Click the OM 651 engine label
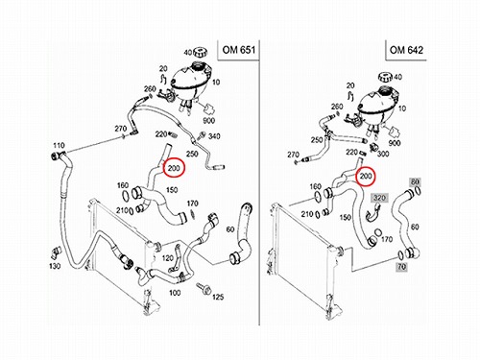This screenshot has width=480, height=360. [x=239, y=50]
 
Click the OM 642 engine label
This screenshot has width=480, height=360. [x=406, y=50]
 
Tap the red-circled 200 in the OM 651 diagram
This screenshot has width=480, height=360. [x=174, y=168]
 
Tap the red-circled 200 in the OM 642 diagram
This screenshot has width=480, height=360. [x=366, y=176]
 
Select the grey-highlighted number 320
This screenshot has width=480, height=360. [x=379, y=198]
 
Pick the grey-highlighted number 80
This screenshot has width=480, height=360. [x=415, y=181]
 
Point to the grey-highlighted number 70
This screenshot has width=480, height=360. [x=402, y=266]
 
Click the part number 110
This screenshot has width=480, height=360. [x=59, y=146]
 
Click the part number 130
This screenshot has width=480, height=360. [x=55, y=266]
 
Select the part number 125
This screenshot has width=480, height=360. [x=218, y=298]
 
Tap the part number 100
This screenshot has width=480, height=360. [x=175, y=293]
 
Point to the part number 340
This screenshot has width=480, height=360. [x=214, y=136]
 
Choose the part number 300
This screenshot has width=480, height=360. [x=383, y=154]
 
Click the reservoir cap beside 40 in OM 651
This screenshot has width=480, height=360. [x=200, y=52]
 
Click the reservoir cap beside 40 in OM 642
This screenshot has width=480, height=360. [x=386, y=78]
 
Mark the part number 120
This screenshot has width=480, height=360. [x=167, y=258]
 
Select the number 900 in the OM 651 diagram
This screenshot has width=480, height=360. [x=208, y=121]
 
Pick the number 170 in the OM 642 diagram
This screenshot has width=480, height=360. [x=387, y=239]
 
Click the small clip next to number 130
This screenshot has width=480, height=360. [x=57, y=252]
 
